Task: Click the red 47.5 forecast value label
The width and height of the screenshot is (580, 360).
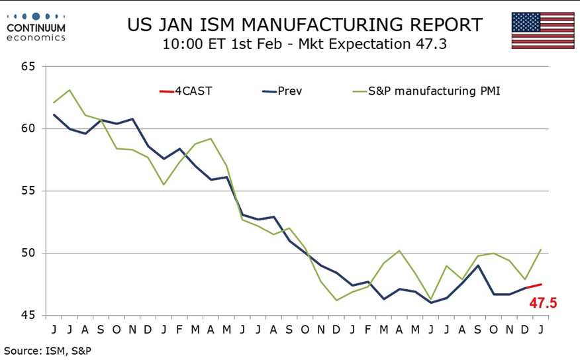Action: (x=543, y=303)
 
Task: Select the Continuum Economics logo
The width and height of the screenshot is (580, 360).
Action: (x=36, y=26)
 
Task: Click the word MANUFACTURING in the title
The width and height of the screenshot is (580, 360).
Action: (x=307, y=25)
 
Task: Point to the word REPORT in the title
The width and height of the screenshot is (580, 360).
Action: (x=441, y=25)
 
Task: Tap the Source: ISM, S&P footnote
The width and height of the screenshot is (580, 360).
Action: (x=48, y=350)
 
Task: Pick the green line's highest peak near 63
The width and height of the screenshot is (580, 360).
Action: (x=70, y=90)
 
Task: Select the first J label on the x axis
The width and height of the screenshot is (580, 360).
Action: (x=54, y=329)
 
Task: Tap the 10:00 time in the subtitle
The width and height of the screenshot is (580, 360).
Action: (x=180, y=45)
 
